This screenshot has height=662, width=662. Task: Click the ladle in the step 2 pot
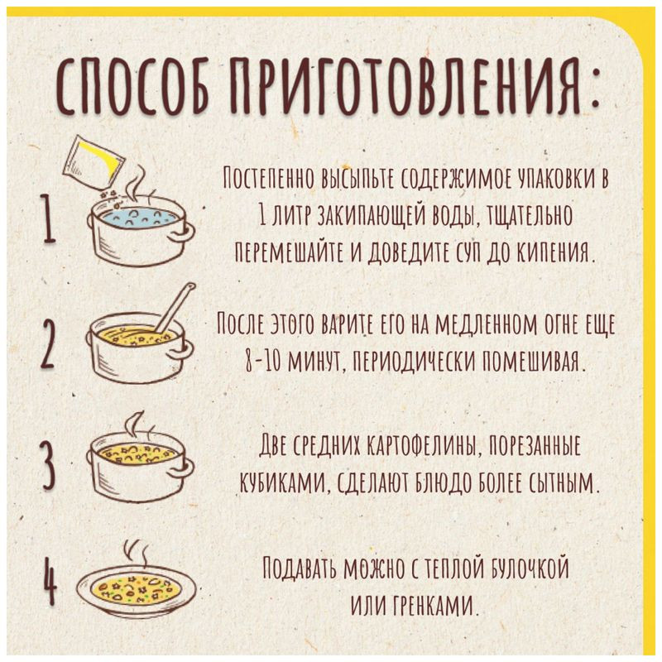coord(175,305)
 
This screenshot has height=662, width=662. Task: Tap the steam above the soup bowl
coord(135,552)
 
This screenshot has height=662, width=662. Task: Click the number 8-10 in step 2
coord(245,362)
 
